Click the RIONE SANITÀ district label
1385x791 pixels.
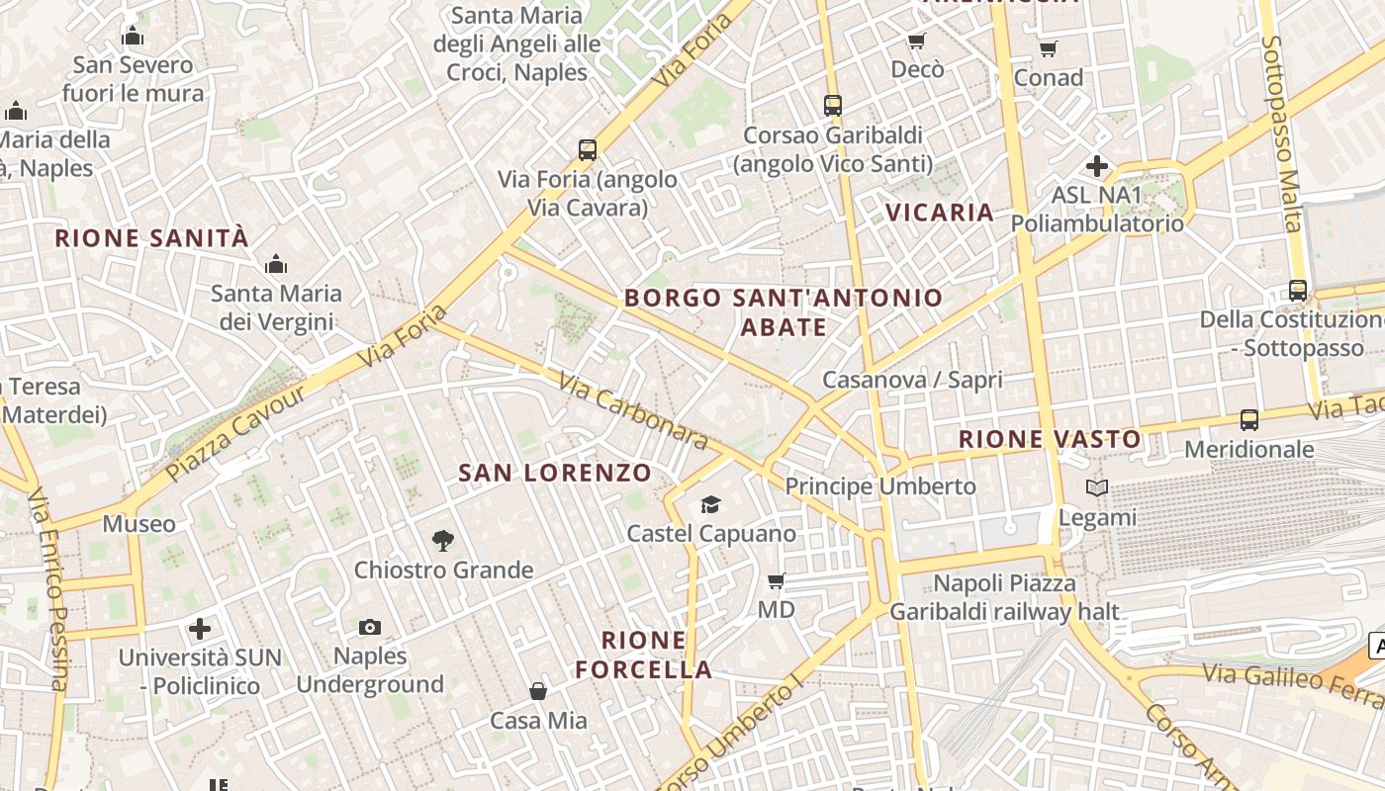(151, 238)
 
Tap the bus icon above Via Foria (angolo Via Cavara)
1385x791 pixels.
(588, 150)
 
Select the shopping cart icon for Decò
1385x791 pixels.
(917, 41)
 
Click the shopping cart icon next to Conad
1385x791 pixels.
(1049, 48)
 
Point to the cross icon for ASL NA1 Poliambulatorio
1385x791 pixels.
(1097, 166)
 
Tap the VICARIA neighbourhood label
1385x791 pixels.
(940, 213)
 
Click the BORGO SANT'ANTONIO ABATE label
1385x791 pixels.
(784, 311)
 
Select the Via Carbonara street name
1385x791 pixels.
(633, 411)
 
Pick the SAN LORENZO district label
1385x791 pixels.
(555, 474)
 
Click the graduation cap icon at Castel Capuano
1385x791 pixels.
(711, 505)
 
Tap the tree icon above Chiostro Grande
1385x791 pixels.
(443, 541)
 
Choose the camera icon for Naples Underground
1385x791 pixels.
(370, 627)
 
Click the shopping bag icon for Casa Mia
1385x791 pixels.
(538, 690)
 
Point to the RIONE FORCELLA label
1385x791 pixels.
(644, 655)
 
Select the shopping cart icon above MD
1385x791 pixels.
(777, 580)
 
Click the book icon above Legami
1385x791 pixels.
(1097, 487)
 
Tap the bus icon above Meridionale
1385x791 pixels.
(1249, 420)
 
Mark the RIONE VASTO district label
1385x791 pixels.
(1050, 439)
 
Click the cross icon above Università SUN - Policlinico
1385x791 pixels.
(200, 629)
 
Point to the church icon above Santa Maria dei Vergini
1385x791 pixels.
(276, 264)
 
